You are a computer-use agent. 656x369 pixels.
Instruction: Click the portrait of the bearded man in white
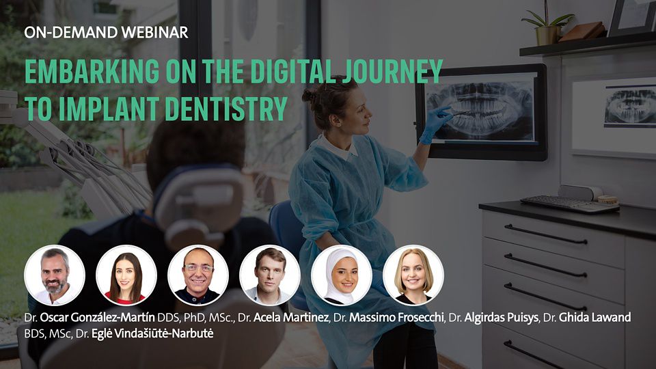point(55,275)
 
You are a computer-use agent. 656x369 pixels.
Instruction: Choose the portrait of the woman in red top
point(126,275)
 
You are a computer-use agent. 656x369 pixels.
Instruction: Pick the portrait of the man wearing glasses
point(198,275)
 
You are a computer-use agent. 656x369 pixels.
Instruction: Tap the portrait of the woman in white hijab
point(342,275)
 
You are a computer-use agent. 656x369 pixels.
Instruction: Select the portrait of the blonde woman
point(413,275)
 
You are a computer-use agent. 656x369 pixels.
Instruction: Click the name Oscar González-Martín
point(98,318)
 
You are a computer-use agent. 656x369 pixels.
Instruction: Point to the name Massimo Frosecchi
point(396,318)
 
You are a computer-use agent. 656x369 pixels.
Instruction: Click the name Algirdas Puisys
point(501,318)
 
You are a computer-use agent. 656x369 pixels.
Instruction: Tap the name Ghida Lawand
point(595,318)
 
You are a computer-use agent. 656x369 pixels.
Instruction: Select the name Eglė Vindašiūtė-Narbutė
point(152,334)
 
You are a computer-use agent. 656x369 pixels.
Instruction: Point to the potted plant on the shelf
point(547,25)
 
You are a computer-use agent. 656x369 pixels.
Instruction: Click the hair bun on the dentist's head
point(310,96)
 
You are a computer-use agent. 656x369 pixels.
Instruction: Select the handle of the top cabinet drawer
point(545,234)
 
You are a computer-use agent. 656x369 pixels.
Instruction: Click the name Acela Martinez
point(291,318)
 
